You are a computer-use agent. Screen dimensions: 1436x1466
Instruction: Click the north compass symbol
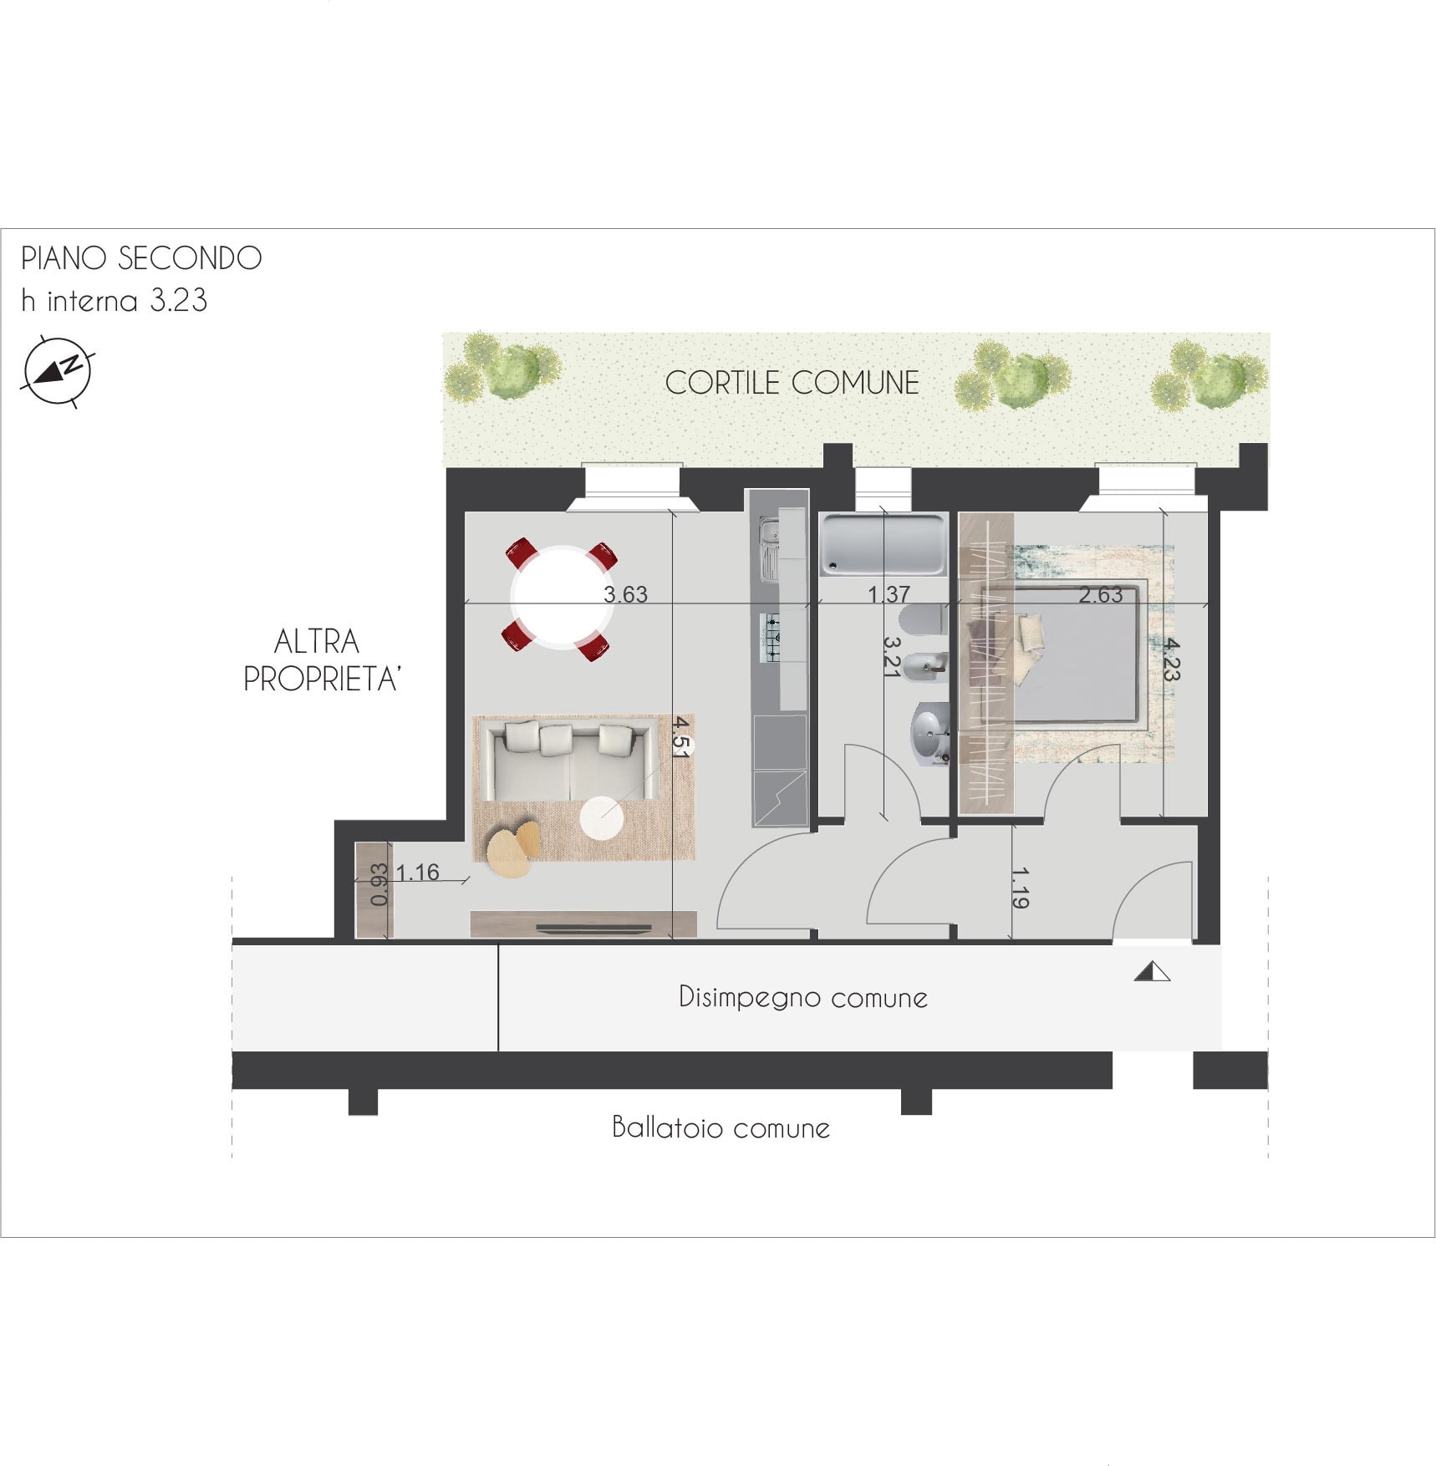pyautogui.click(x=57, y=371)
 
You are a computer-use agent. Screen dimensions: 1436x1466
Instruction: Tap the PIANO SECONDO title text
pyautogui.click(x=141, y=258)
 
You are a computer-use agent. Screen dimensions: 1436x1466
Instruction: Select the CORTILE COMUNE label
pyautogui.click(x=792, y=383)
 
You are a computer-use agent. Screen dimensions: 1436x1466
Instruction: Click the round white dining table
pyautogui.click(x=562, y=598)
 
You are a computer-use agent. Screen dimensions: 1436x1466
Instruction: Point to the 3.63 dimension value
pyautogui.click(x=625, y=594)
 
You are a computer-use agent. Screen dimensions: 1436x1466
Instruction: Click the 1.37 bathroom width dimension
pyautogui.click(x=889, y=594)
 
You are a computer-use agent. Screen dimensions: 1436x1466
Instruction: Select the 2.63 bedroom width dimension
pyautogui.click(x=1100, y=594)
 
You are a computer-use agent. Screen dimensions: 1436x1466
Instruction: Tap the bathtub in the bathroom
pyautogui.click(x=883, y=545)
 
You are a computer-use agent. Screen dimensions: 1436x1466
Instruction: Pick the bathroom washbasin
pyautogui.click(x=929, y=735)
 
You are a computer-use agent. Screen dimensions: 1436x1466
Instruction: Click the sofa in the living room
pyautogui.click(x=566, y=761)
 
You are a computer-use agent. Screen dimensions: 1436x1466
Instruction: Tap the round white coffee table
pyautogui.click(x=601, y=817)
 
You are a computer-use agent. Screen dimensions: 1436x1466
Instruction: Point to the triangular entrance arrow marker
pyautogui.click(x=1152, y=971)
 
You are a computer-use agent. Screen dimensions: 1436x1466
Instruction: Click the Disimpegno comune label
pyautogui.click(x=802, y=997)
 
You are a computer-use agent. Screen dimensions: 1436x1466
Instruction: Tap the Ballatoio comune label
pyautogui.click(x=721, y=1127)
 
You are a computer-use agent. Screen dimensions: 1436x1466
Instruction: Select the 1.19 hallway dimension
pyautogui.click(x=1020, y=888)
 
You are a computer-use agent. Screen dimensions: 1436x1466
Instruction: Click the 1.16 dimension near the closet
pyautogui.click(x=417, y=873)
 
